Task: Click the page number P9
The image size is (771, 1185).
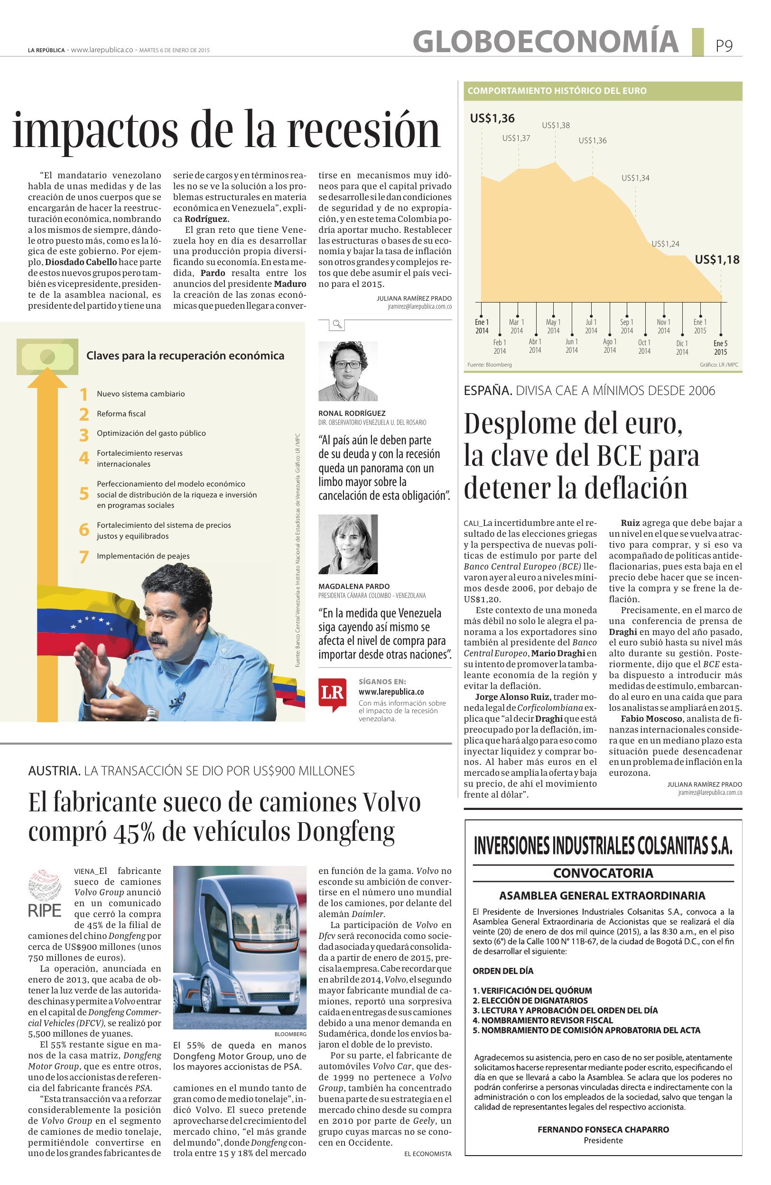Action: click(724, 46)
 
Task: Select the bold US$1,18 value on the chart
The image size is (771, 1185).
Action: click(717, 259)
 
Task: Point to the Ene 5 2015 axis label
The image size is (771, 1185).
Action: click(720, 348)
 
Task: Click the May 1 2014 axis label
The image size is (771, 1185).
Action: click(553, 326)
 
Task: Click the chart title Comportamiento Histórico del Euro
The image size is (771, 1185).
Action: click(557, 91)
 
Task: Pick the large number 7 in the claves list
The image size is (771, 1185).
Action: click(84, 557)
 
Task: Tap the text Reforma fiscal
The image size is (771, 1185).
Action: click(121, 414)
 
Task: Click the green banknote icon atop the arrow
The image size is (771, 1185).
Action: click(47, 356)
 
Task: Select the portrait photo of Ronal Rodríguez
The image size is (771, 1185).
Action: click(348, 371)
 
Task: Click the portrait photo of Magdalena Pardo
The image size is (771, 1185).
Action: click(348, 544)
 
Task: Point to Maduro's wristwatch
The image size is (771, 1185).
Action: click(151, 715)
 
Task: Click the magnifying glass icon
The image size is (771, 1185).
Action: click(337, 325)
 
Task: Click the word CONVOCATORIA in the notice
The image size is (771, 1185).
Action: click(603, 873)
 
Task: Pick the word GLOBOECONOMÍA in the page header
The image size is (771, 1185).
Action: click(545, 41)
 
